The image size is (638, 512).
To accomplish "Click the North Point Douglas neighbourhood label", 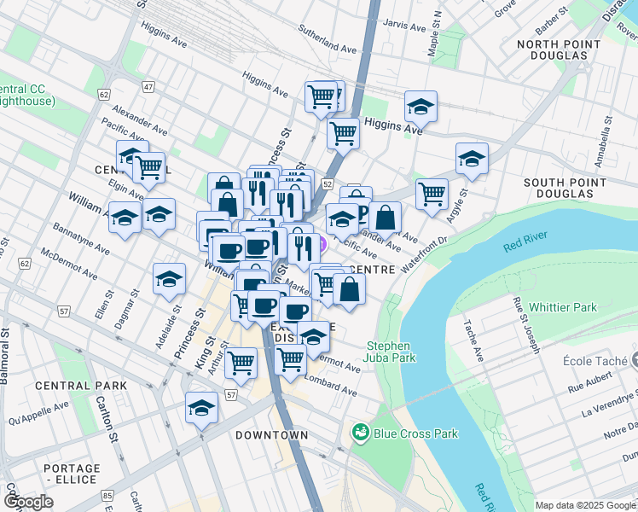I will pos(552,49).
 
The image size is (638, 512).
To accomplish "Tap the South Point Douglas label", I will pos(559,189).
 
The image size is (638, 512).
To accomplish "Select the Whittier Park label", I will pos(563,307).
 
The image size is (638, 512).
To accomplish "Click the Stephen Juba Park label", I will pos(391,352).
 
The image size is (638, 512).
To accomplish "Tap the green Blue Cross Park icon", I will pos(360,433).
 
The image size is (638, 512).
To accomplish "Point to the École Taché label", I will pos(596,360).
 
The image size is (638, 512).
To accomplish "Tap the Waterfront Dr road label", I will pos(424,253).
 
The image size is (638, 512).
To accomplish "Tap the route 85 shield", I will pos(107,495).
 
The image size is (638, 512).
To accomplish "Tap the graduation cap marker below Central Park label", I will pos(201,407).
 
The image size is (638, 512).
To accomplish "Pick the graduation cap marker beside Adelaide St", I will pos(169,278).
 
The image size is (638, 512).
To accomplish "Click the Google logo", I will pos(29,502).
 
